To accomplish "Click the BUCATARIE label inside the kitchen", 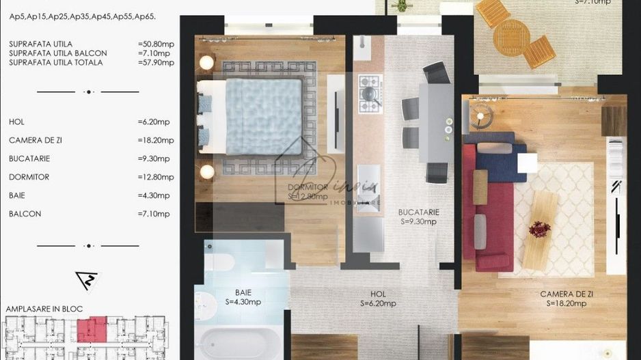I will [x=420, y=212].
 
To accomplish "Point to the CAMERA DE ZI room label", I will [x=563, y=294].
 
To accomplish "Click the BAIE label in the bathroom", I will [x=243, y=292].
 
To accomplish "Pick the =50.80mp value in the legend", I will [x=156, y=44].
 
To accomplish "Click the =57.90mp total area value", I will [x=156, y=63].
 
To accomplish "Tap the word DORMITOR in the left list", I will [x=29, y=177].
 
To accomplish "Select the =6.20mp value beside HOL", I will [x=154, y=122].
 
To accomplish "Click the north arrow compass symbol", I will [x=88, y=280].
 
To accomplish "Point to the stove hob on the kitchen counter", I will [x=370, y=93].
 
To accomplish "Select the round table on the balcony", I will [x=511, y=35].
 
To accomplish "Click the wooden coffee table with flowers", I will [x=540, y=230].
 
